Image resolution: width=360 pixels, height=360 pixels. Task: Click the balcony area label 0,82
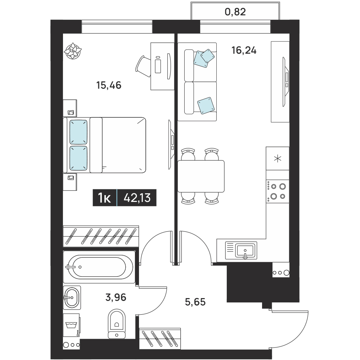235,12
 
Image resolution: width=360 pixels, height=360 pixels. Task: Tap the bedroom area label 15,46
109,85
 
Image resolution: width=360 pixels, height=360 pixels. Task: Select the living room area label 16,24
244,50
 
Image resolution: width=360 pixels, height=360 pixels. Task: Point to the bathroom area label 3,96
116,297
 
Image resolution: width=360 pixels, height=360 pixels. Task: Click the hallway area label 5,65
195,302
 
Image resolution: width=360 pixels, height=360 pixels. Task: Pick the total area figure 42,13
137,197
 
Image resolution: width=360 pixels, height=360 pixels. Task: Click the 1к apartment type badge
105,198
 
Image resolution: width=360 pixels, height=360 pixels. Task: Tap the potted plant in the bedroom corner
73,51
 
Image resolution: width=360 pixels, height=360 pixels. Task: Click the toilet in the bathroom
117,324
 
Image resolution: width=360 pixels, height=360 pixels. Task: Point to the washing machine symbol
71,325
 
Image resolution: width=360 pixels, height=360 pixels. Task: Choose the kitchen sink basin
245,250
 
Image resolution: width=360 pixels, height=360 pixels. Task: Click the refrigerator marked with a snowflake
278,158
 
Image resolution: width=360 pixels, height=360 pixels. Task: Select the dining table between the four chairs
201,176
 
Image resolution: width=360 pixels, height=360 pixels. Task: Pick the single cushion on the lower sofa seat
206,105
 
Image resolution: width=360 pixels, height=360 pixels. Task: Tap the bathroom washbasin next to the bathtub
72,298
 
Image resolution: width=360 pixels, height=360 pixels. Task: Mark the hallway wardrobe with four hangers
160,338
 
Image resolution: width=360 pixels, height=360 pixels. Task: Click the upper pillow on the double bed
78,132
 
